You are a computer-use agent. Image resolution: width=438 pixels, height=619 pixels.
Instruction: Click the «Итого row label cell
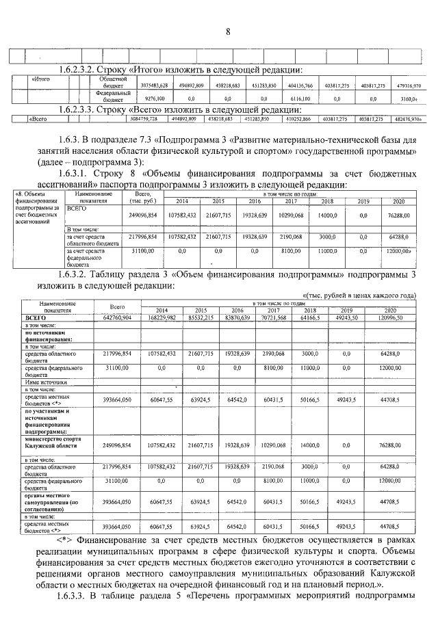(42, 79)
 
